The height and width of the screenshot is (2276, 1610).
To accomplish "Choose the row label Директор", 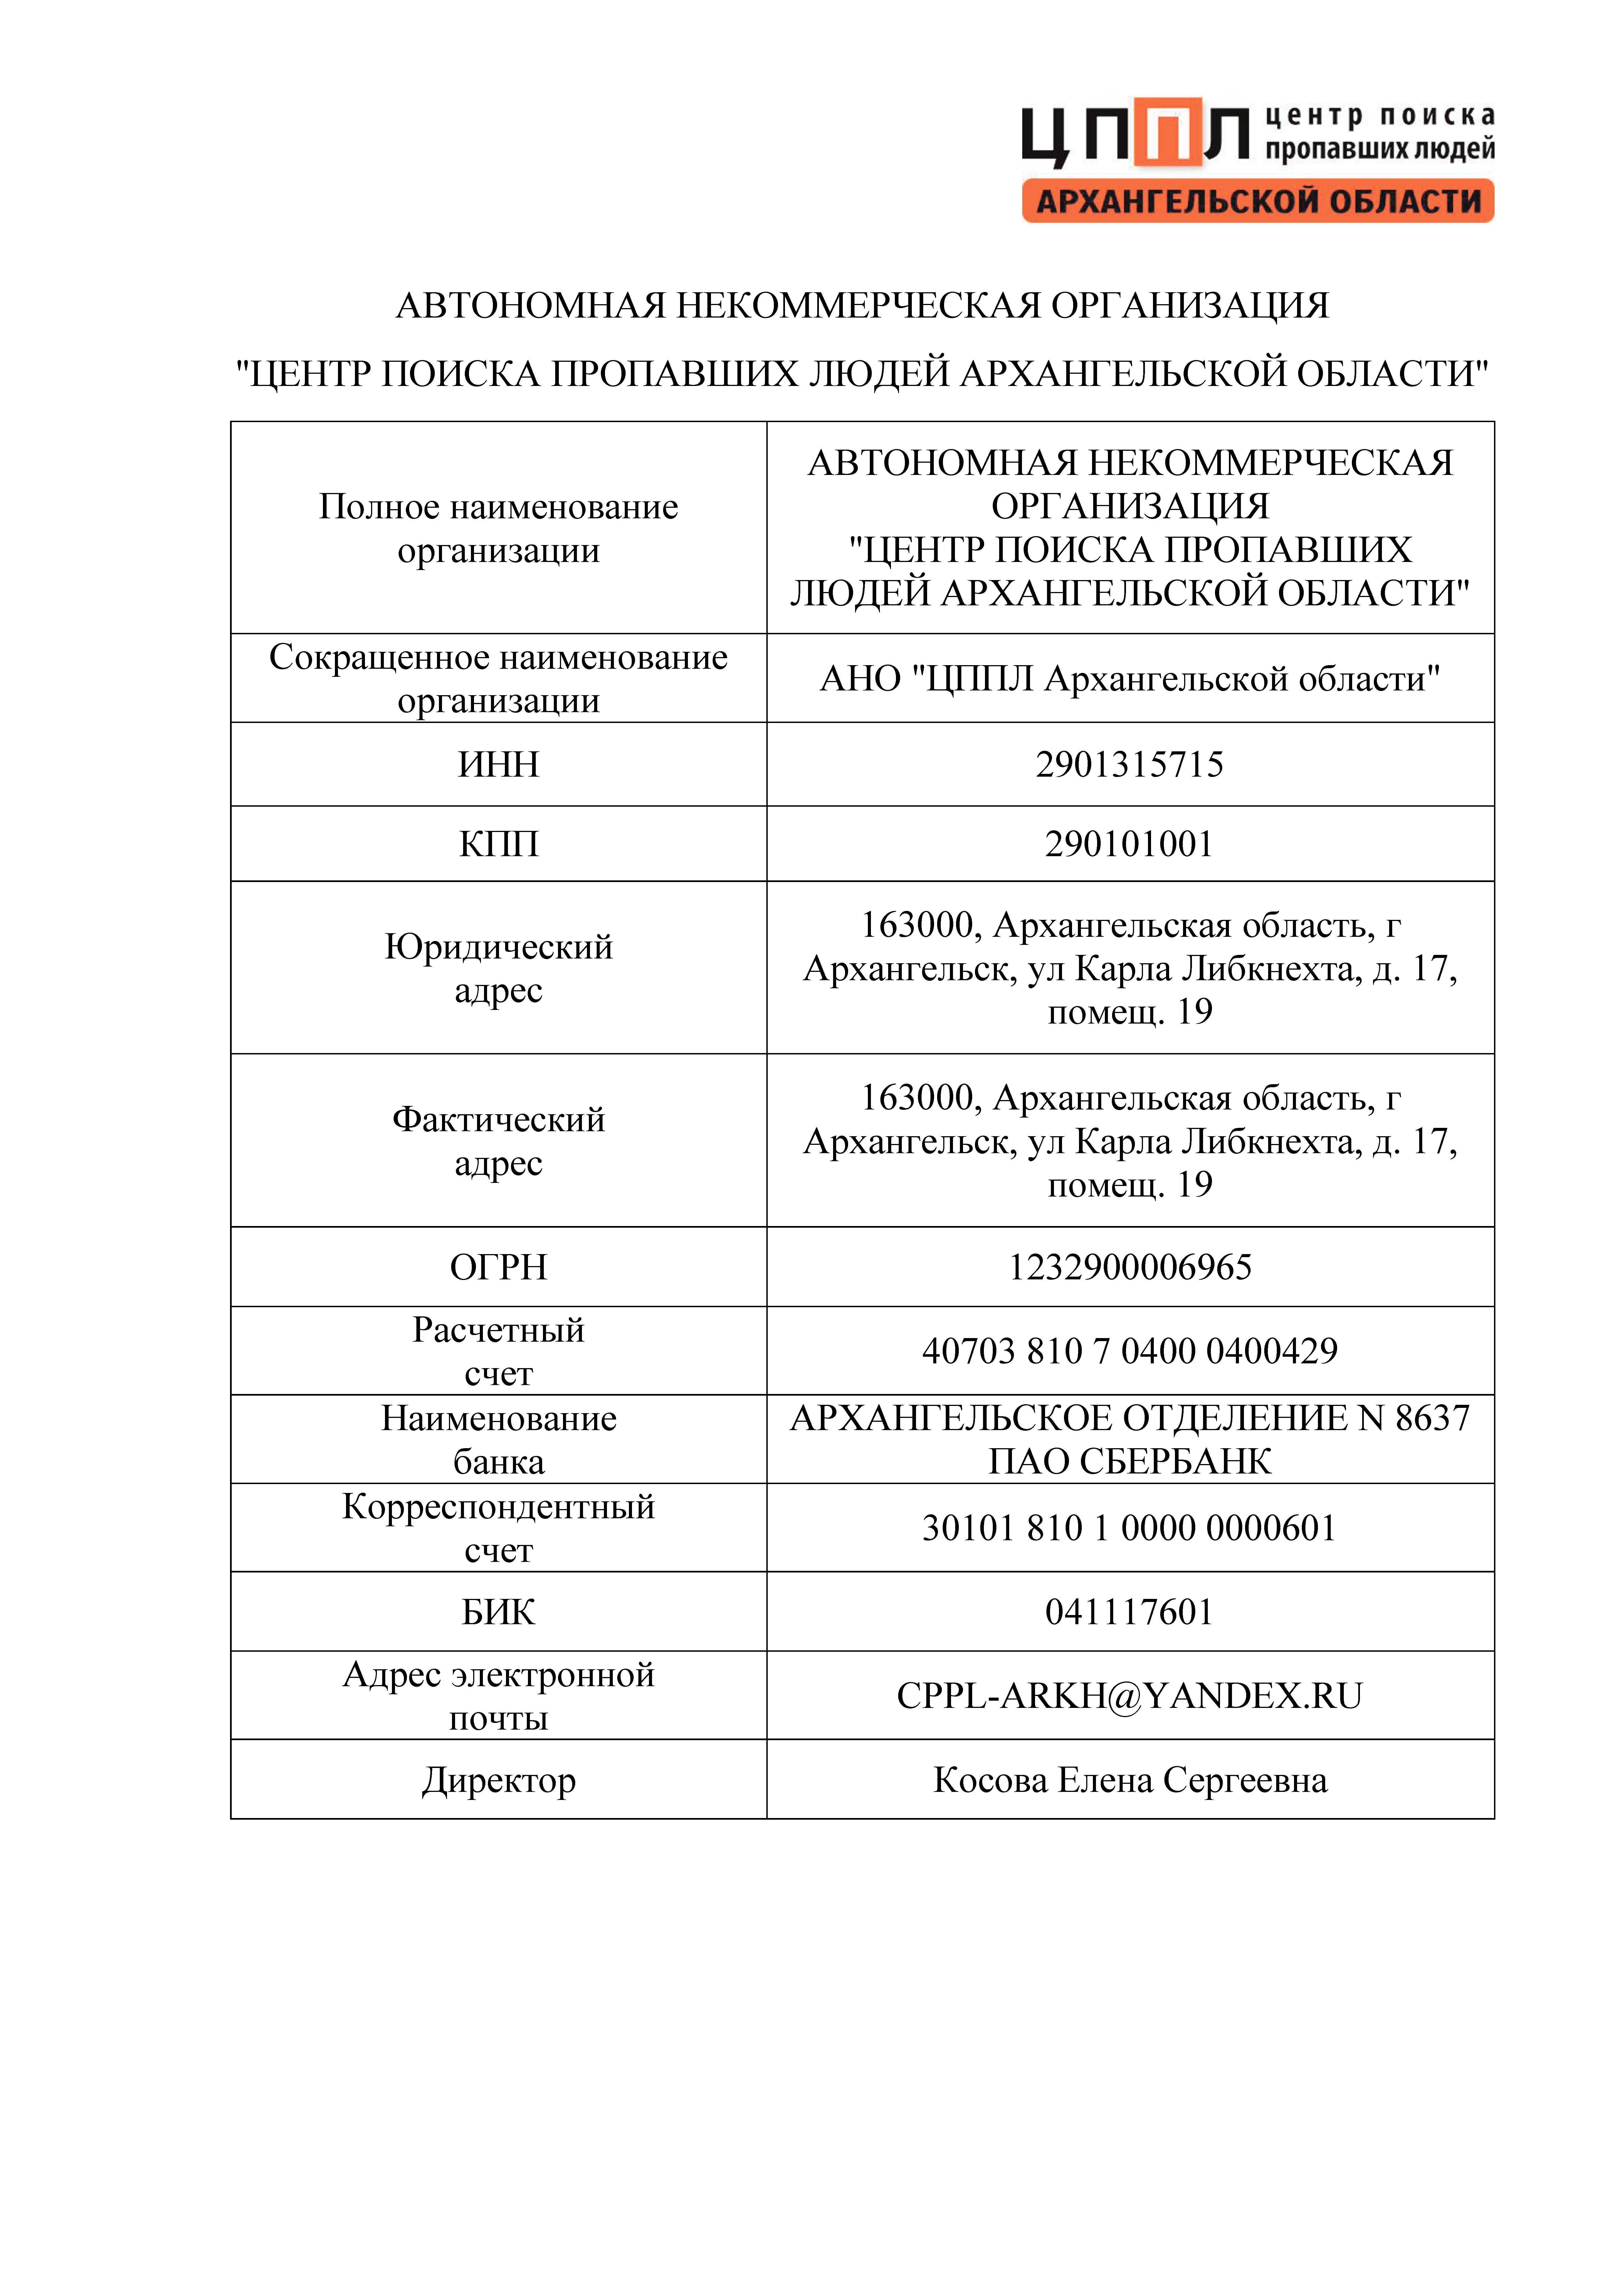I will tap(499, 1781).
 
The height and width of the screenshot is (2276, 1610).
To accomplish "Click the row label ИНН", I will tap(499, 765).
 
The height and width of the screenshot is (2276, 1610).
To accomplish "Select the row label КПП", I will tap(499, 844).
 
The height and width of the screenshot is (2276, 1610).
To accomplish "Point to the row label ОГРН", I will tap(499, 1268).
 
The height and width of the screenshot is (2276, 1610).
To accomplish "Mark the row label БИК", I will tap(499, 1613).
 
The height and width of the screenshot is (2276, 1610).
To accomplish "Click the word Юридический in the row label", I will tap(499, 948).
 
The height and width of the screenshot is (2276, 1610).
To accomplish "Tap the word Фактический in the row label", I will tap(499, 1120).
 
